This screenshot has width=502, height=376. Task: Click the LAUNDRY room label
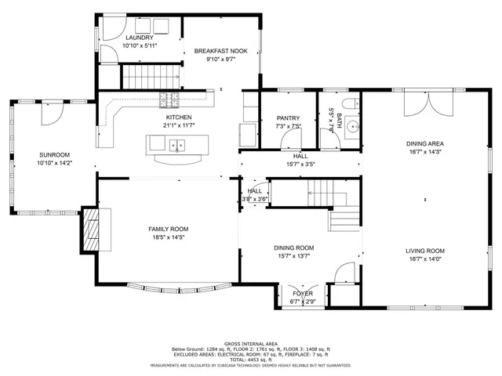[140, 37]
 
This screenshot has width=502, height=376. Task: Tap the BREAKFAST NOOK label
[221, 51]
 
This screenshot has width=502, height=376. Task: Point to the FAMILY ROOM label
[169, 229]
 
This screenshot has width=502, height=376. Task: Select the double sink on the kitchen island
[175, 144]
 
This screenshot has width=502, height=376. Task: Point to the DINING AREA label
[425, 143]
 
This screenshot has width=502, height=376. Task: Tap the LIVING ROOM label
[425, 251]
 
